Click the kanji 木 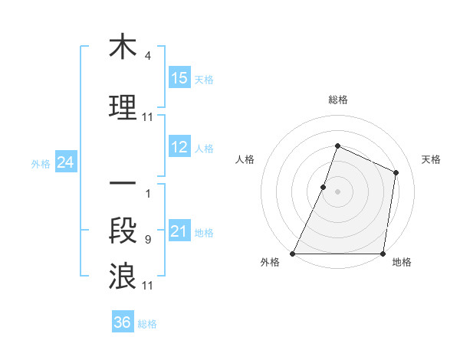[123, 48]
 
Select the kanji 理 [123, 107]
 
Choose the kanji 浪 [123, 276]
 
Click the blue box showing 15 [179, 78]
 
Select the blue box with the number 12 [179, 148]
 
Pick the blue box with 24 [65, 162]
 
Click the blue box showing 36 [123, 322]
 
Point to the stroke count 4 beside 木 [148, 57]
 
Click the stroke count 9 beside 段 [148, 240]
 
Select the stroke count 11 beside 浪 [148, 286]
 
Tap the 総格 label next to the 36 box [147, 324]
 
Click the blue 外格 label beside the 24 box [41, 164]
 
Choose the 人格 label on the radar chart [245, 159]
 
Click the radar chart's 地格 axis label [402, 263]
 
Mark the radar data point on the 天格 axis [396, 172]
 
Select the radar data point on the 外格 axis [293, 254]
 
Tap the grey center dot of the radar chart [337, 191]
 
